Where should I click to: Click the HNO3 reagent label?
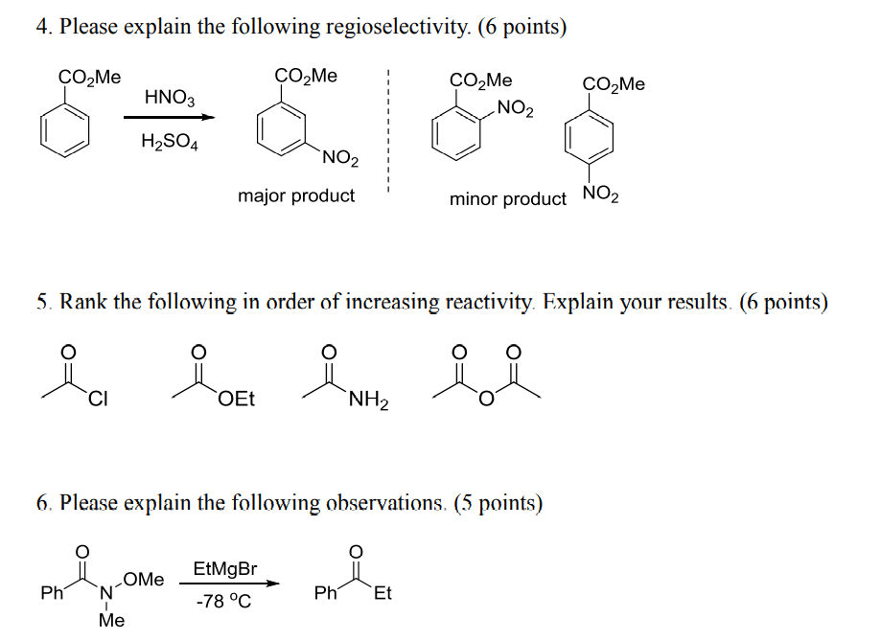(169, 97)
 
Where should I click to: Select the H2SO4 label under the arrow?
(169, 143)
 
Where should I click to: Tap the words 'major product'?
(296, 196)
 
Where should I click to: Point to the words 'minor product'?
(508, 199)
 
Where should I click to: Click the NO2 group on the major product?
(340, 158)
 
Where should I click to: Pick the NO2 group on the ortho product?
(516, 109)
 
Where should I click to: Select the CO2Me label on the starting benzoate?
(89, 78)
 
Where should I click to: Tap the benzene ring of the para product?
(587, 142)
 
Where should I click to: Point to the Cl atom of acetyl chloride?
(98, 399)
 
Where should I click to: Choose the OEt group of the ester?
(237, 400)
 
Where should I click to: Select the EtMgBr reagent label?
(225, 568)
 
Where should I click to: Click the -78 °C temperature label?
(224, 602)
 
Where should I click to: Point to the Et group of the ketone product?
(383, 594)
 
